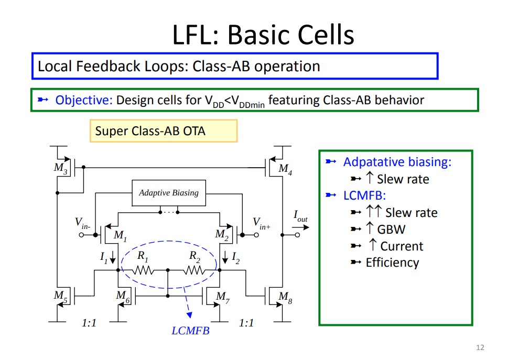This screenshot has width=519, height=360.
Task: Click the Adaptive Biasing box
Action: click(169, 193)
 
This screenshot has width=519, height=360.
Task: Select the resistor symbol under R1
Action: click(143, 270)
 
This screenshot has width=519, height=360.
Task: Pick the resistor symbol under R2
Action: click(194, 270)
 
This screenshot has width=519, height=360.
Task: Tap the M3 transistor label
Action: click(61, 168)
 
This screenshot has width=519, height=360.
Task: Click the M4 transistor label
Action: click(285, 169)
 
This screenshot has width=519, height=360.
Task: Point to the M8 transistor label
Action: click(285, 297)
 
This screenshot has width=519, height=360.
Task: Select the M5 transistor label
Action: click(61, 296)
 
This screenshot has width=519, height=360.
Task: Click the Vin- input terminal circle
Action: click(81, 235)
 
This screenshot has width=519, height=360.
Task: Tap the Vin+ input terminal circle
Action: click(256, 235)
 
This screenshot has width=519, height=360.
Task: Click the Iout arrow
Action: click(300, 227)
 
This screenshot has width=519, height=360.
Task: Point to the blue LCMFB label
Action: click(190, 331)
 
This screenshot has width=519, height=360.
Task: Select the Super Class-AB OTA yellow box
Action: click(164, 131)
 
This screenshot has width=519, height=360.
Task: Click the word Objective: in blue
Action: click(84, 100)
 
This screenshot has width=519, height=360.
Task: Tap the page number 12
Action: click(480, 347)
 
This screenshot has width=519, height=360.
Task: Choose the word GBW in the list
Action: click(391, 230)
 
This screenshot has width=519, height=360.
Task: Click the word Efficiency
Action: click(392, 263)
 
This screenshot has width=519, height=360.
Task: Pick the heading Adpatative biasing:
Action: click(397, 162)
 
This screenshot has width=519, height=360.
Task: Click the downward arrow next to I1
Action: click(113, 257)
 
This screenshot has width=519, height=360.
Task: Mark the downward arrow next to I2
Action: click(225, 257)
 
